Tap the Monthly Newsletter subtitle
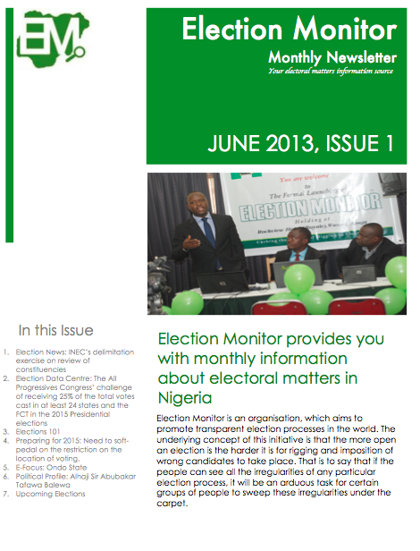click(x=332, y=58)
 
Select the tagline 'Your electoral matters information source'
click(x=332, y=72)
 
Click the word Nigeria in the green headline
click(x=183, y=397)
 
